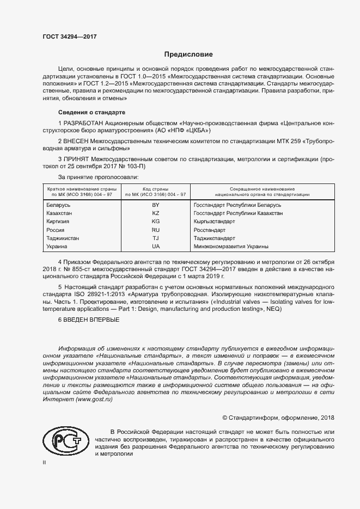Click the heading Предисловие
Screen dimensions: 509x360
[188, 54]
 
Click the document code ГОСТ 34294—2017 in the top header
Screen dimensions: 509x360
[69, 36]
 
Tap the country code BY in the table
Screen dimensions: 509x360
[155, 205]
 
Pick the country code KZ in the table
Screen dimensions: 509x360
[155, 213]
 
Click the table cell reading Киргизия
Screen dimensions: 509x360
[59, 222]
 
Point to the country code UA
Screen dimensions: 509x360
[155, 247]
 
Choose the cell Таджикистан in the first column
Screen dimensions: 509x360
[63, 238]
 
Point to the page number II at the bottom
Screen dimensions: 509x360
[44, 462]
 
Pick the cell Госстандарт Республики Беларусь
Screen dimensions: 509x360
[237, 205]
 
